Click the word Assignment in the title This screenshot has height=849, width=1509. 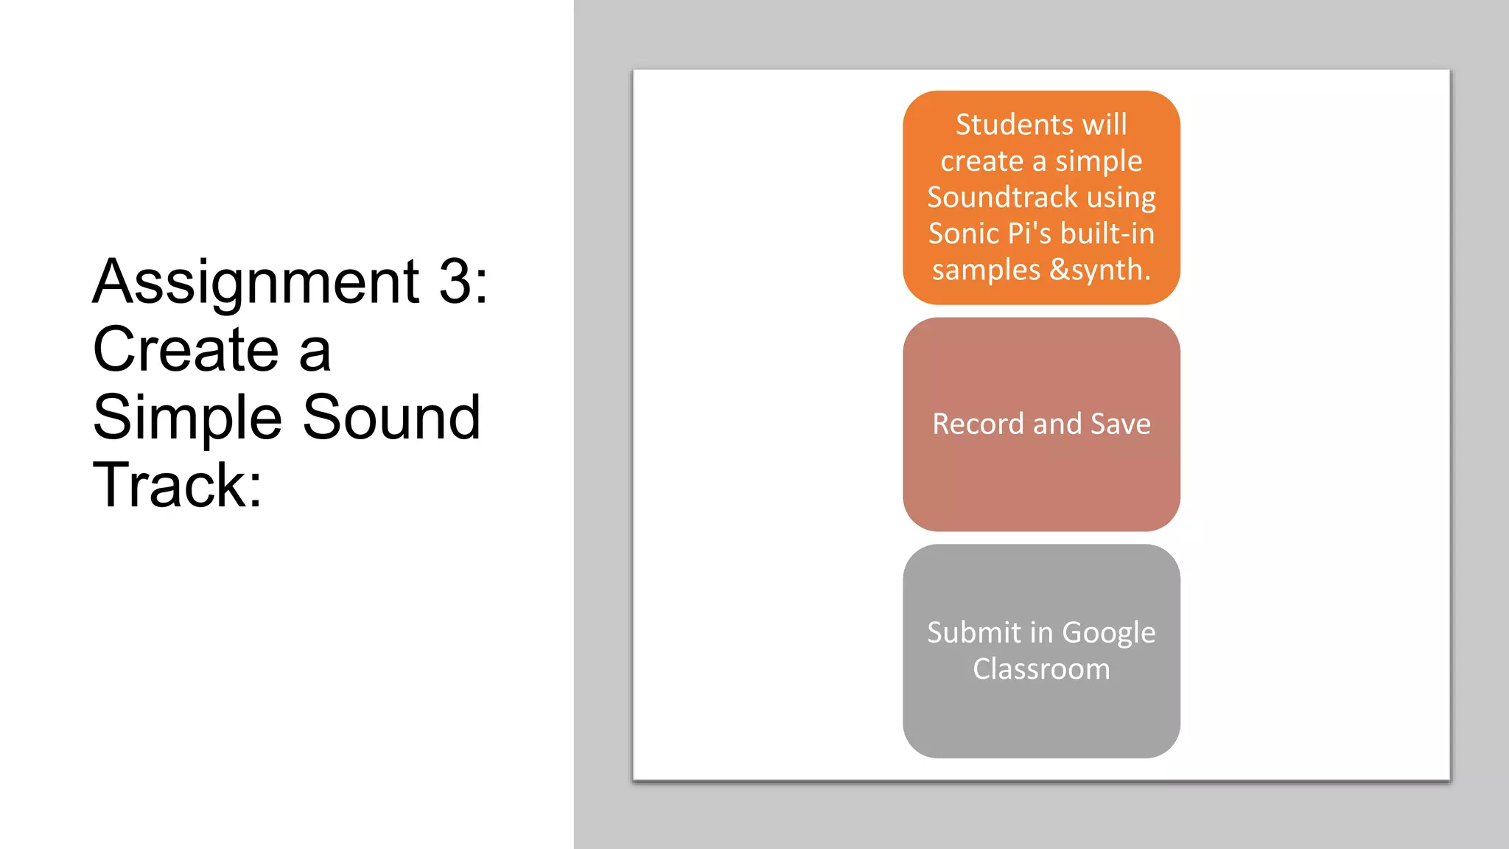(x=256, y=283)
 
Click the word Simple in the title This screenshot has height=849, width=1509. (x=187, y=419)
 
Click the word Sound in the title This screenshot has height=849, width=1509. (x=391, y=417)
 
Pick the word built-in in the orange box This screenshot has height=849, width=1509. (x=1107, y=234)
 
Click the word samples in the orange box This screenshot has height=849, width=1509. (x=986, y=270)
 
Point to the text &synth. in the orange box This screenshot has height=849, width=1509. (x=1100, y=270)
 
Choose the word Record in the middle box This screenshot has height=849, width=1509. (x=978, y=424)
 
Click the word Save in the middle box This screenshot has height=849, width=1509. (x=1120, y=424)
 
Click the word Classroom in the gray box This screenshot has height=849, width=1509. (x=1041, y=669)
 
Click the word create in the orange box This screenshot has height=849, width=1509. (x=981, y=161)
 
